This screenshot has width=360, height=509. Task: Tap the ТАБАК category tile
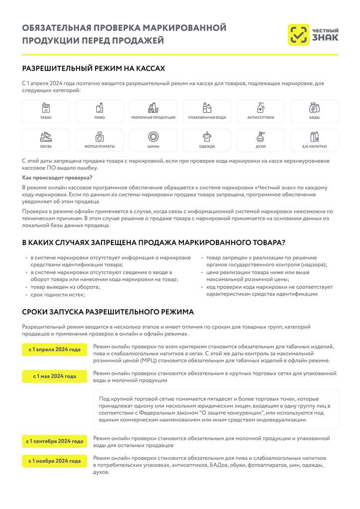pyautogui.click(x=46, y=111)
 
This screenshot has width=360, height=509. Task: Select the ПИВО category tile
pyautogui.click(x=99, y=111)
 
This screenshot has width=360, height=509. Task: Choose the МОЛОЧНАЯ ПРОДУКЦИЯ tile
pyautogui.click(x=153, y=111)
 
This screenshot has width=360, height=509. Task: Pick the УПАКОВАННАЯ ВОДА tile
pyautogui.click(x=207, y=111)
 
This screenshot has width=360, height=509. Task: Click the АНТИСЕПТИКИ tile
pyautogui.click(x=261, y=111)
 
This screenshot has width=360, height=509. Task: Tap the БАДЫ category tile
pyautogui.click(x=314, y=111)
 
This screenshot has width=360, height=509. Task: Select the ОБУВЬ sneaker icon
pyautogui.click(x=46, y=137)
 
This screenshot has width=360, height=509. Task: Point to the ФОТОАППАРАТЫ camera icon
pyautogui.click(x=99, y=137)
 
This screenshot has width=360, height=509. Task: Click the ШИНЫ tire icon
pyautogui.click(x=153, y=137)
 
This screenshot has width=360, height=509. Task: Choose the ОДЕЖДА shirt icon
pyautogui.click(x=207, y=137)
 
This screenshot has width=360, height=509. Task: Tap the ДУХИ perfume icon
pyautogui.click(x=261, y=137)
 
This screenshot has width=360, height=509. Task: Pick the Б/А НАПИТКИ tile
pyautogui.click(x=314, y=140)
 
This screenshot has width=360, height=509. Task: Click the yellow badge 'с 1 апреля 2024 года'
pyautogui.click(x=54, y=349)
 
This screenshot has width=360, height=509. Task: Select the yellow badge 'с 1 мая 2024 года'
pyautogui.click(x=54, y=376)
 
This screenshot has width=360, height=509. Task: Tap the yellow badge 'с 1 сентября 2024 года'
pyautogui.click(x=55, y=441)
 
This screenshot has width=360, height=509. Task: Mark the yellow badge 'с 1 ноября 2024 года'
pyautogui.click(x=54, y=461)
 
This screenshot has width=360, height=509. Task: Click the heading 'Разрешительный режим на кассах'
pyautogui.click(x=93, y=68)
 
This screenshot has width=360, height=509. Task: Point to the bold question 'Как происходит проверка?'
pyautogui.click(x=57, y=177)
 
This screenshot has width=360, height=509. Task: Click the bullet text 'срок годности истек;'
pyautogui.click(x=58, y=295)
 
